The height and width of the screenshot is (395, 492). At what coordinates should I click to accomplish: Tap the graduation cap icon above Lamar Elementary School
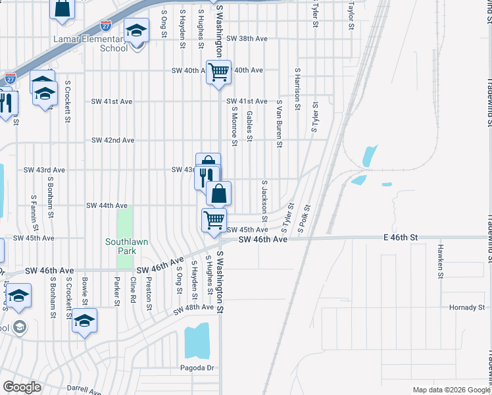click(136, 32)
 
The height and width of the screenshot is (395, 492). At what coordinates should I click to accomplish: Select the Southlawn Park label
click(126, 246)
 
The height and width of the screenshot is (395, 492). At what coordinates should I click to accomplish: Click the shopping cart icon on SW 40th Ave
click(218, 71)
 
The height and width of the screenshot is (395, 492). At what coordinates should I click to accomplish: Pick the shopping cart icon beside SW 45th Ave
click(214, 219)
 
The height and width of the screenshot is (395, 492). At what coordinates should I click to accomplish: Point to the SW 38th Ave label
click(247, 39)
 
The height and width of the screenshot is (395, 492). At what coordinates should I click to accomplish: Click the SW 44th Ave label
click(107, 205)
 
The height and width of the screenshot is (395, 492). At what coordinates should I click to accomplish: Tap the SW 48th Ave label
click(193, 307)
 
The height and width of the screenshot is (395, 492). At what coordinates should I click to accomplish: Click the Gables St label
click(249, 126)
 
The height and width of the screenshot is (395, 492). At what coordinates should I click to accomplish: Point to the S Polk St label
click(303, 219)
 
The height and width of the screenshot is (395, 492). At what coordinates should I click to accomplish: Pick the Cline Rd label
click(133, 290)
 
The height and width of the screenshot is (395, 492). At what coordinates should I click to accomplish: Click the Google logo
click(22, 386)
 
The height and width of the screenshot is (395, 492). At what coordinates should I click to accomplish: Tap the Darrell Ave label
click(84, 390)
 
